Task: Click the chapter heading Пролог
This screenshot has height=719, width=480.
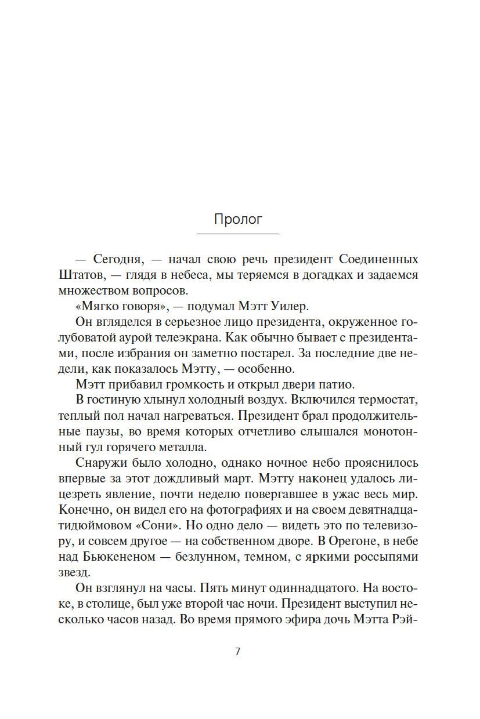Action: [x=238, y=220]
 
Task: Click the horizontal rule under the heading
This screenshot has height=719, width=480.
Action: [x=238, y=234]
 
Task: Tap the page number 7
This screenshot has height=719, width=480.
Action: [x=237, y=651]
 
